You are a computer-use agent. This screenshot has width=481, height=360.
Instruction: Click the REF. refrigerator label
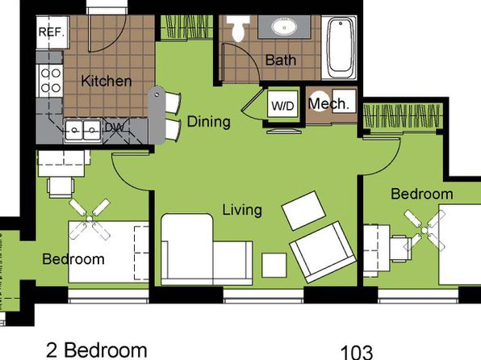coord(52,32)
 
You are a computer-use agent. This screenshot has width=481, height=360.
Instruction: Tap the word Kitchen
coord(107,81)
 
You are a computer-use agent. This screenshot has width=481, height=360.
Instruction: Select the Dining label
coord(208,122)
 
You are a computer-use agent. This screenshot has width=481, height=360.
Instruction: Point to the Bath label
coord(281,60)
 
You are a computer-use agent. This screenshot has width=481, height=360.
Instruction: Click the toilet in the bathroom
coord(238,28)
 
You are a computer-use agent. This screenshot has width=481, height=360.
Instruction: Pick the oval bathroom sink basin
coord(284,27)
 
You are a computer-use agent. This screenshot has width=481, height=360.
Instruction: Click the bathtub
coord(339,48)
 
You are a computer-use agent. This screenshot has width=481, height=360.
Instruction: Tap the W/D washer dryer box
coord(282,104)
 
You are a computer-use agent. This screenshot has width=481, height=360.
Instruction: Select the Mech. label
coord(328,104)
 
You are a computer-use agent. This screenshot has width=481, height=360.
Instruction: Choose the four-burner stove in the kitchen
coord(50,81)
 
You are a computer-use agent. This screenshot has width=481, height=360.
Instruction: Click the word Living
coord(242,210)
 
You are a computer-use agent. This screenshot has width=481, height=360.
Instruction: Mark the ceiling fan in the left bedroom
coord(90,219)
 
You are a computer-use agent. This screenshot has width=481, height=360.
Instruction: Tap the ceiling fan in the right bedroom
coord(425,230)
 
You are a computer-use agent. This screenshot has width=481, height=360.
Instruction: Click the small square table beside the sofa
coord(274,266)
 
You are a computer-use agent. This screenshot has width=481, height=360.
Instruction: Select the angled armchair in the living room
coord(323,252)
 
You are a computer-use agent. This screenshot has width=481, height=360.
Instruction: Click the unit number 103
coord(357,352)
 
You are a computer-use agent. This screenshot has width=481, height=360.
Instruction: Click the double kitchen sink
coord(83,131)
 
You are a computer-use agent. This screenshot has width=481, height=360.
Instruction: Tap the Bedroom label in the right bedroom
coord(422,194)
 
